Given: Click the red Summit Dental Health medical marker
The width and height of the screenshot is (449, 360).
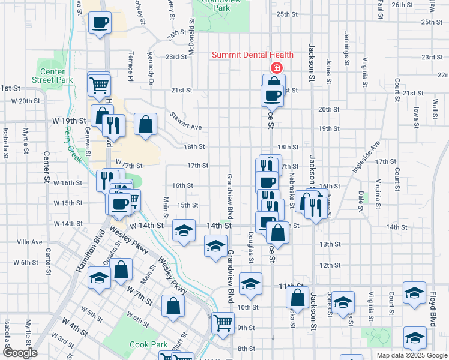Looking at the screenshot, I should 276,68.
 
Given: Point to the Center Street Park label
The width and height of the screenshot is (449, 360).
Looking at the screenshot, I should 52,76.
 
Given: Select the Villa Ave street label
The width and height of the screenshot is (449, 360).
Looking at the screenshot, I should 30,242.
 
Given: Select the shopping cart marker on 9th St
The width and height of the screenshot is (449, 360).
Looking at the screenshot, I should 223,323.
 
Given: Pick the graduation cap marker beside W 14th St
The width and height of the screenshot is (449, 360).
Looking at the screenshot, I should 184,230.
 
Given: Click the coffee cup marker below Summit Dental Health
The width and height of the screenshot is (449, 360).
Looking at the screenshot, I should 272,95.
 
